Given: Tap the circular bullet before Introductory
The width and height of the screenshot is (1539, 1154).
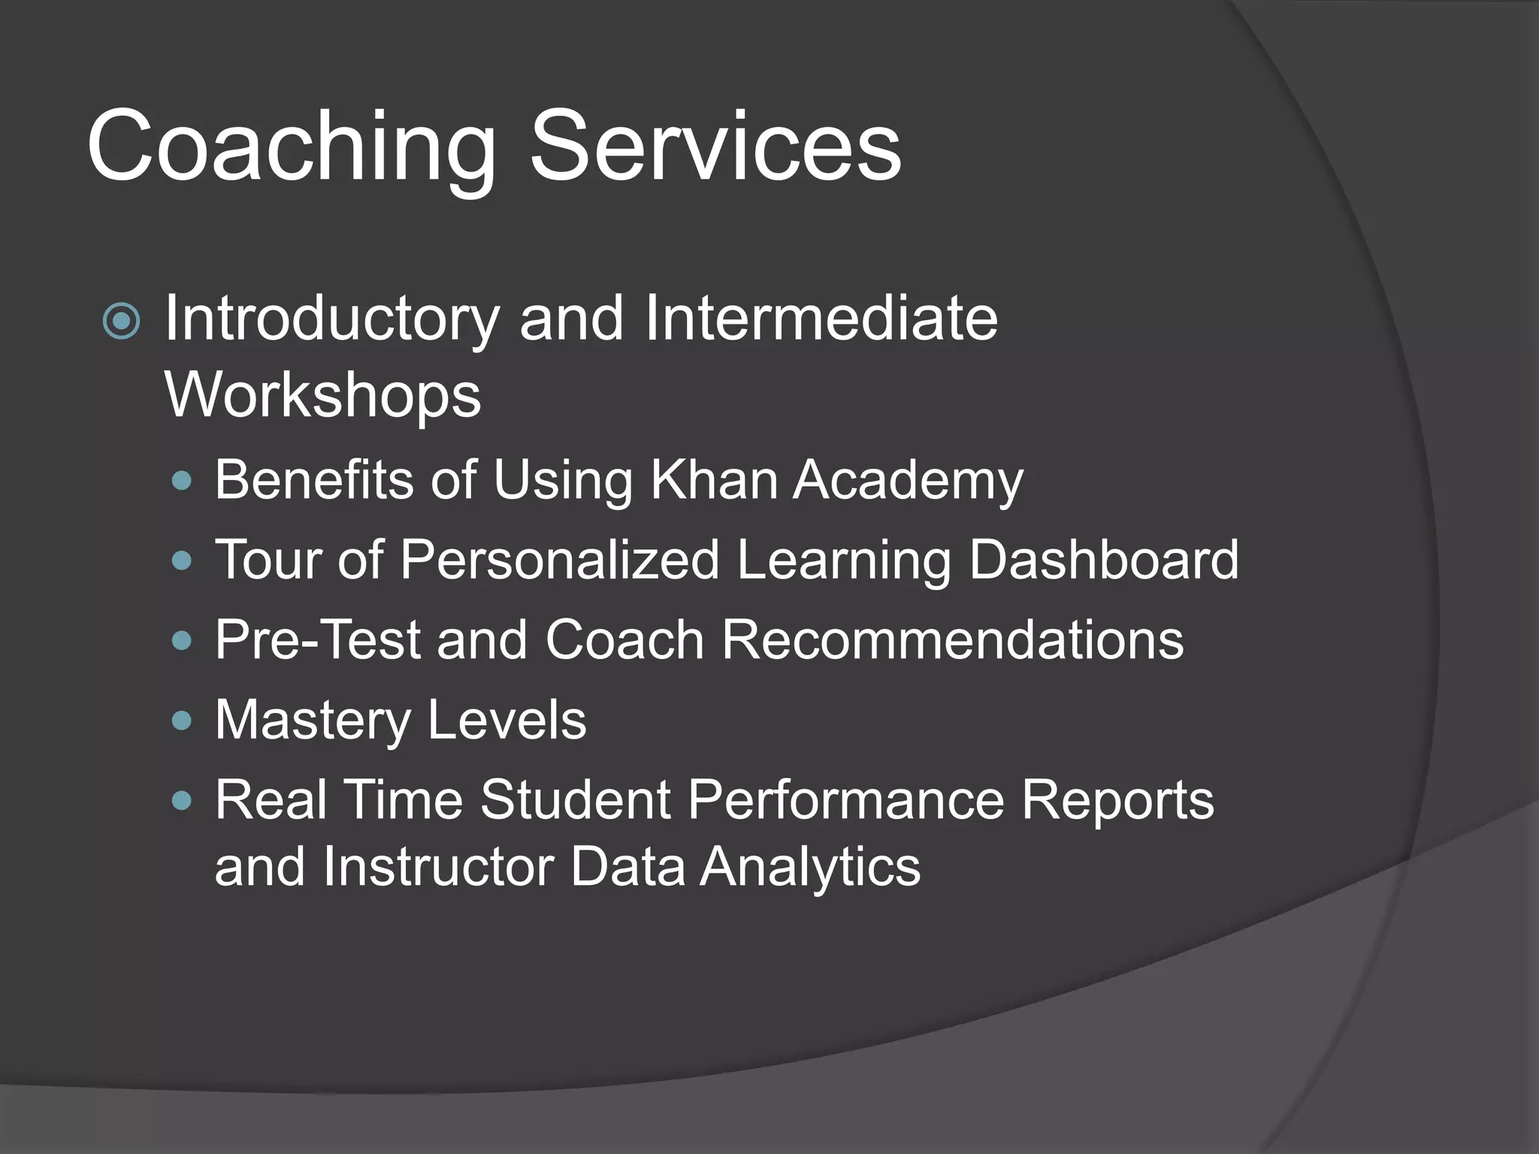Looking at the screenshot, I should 121,322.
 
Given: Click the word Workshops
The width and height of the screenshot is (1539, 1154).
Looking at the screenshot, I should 323,395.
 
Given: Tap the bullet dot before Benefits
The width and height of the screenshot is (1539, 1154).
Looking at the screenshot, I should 182,481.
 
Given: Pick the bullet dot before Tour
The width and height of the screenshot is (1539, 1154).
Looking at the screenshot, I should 182,560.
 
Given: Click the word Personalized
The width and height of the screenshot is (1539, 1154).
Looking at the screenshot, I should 560,560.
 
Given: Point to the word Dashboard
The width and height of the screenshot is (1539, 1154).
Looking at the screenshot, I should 1103,560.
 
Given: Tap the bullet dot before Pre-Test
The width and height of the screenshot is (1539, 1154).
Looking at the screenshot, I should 182,641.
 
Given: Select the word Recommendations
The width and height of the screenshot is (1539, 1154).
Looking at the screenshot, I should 952,640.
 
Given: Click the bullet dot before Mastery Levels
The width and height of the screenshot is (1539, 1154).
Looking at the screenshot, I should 182,721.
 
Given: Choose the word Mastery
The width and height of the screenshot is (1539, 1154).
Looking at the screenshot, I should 313,721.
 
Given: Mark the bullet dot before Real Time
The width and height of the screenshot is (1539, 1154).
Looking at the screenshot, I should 182,801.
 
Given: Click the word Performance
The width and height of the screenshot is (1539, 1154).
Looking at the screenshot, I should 845,800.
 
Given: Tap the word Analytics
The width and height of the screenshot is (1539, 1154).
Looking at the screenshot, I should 810,867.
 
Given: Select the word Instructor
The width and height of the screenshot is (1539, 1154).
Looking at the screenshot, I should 439,867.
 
